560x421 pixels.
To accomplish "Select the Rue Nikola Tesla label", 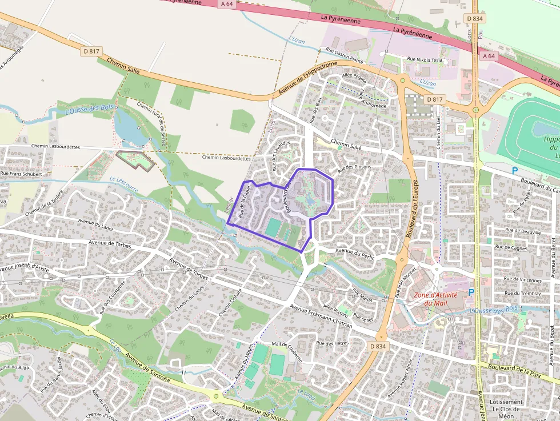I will pyautogui.click(x=424, y=59).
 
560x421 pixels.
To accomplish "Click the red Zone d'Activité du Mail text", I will pyautogui.click(x=435, y=299).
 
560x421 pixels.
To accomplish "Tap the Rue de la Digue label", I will pyautogui.click(x=245, y=205).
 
